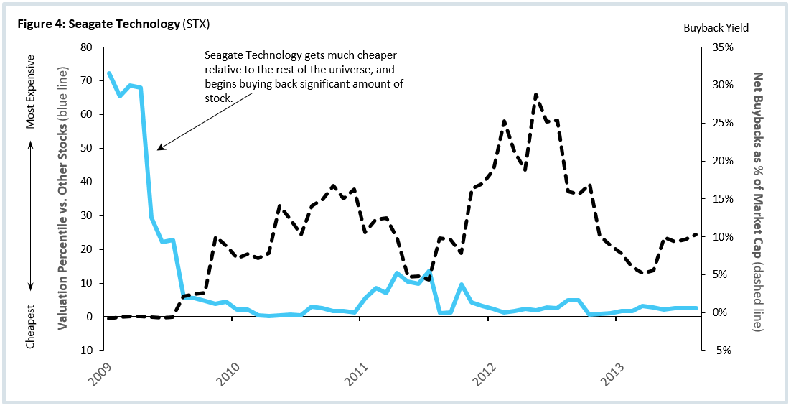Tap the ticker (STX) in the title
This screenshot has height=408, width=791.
pyautogui.click(x=196, y=24)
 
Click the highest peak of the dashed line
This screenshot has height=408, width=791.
pyautogui.click(x=535, y=94)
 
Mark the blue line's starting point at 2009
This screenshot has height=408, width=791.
pyautogui.click(x=108, y=73)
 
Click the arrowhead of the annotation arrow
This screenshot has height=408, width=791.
pyautogui.click(x=159, y=149)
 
